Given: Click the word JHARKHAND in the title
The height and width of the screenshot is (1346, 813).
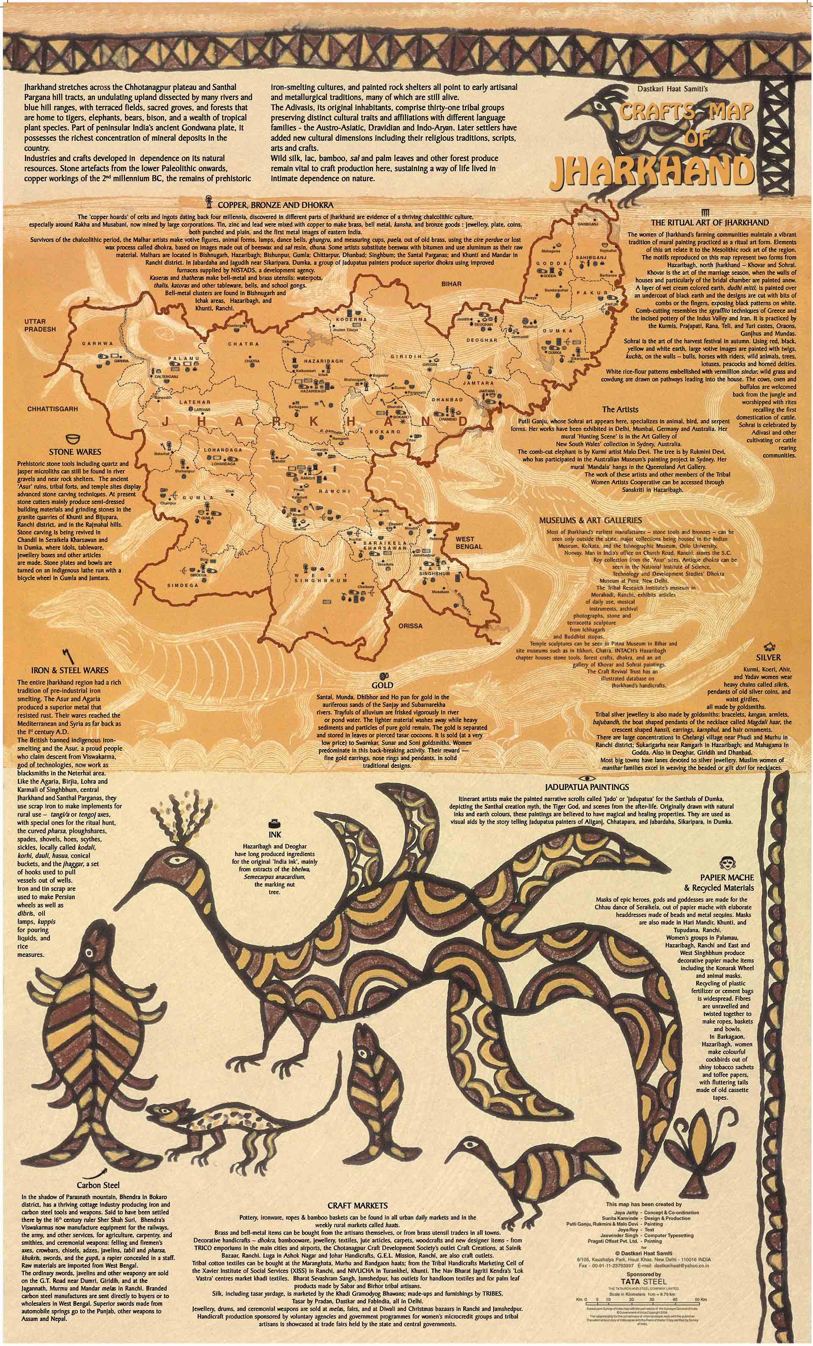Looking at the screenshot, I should tap(653, 171).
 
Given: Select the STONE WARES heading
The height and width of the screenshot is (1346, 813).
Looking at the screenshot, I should tap(75, 452).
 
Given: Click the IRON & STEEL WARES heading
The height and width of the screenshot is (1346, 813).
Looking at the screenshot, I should tap(69, 670).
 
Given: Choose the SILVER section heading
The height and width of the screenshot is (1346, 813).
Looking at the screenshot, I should tap(768, 657).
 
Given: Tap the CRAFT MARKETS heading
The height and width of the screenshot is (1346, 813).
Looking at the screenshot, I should tap(357, 1206).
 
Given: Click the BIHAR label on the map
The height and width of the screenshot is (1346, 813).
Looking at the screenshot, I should tap(451, 284).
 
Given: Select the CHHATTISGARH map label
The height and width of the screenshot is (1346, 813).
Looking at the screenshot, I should tap(52, 409).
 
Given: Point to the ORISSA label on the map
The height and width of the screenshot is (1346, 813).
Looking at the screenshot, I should tap(410, 626).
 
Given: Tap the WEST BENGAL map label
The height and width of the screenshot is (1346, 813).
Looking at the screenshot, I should tap(469, 543).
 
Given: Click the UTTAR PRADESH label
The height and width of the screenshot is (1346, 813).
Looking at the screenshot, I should tap(40, 326).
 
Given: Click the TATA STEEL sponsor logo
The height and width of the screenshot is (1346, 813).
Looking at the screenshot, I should tap(644, 1280).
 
